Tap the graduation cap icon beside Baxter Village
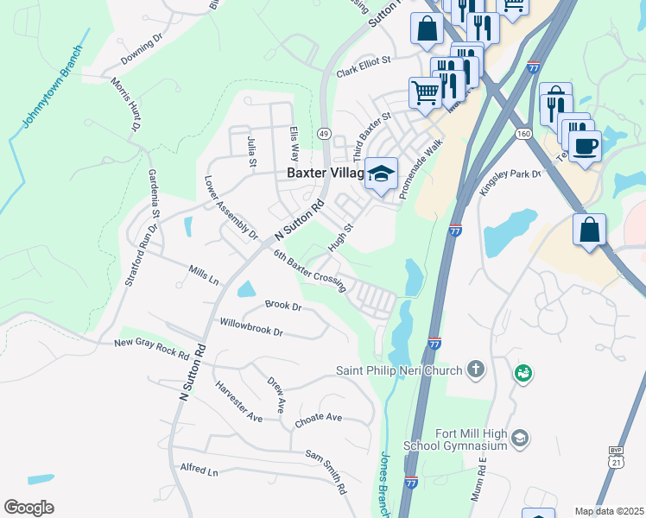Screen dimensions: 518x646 [380, 174]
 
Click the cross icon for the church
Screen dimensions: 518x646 [474, 370]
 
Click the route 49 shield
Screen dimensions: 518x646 [324, 134]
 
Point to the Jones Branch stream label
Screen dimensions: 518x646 [385, 483]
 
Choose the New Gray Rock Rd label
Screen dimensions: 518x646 [152, 348]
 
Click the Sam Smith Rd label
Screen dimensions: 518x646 [326, 469]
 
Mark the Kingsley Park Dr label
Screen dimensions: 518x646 [510, 180]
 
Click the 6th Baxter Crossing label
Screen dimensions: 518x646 [310, 271]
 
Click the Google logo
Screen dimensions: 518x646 [28, 508]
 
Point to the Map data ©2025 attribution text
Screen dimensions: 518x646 [608, 511]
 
